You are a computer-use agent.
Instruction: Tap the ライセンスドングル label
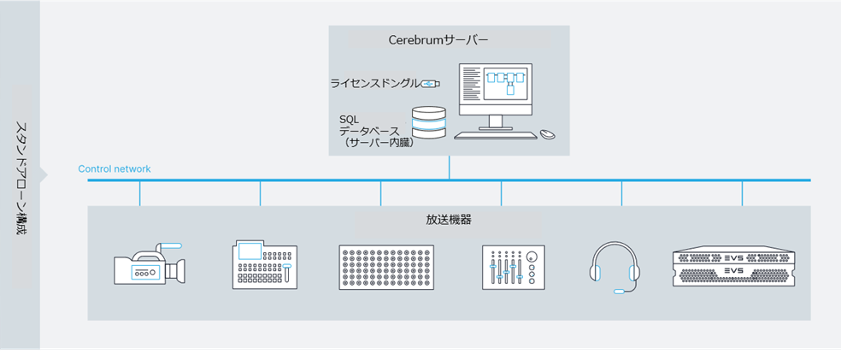(375, 83)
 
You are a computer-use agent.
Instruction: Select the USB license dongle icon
(431, 83)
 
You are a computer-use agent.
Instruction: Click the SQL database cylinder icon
(429, 122)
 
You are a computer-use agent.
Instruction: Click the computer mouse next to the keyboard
(547, 134)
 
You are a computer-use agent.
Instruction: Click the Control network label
(115, 169)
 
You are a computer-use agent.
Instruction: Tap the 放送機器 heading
(449, 219)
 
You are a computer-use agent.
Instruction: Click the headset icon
(615, 267)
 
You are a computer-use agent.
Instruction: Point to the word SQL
(349, 119)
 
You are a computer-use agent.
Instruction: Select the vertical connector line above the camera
(139, 193)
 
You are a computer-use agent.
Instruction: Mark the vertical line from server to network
(449, 168)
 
